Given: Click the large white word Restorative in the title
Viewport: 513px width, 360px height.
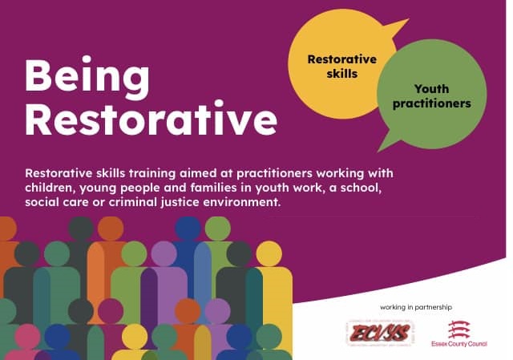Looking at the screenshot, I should (151, 120).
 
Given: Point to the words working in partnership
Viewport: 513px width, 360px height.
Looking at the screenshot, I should (411, 307).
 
